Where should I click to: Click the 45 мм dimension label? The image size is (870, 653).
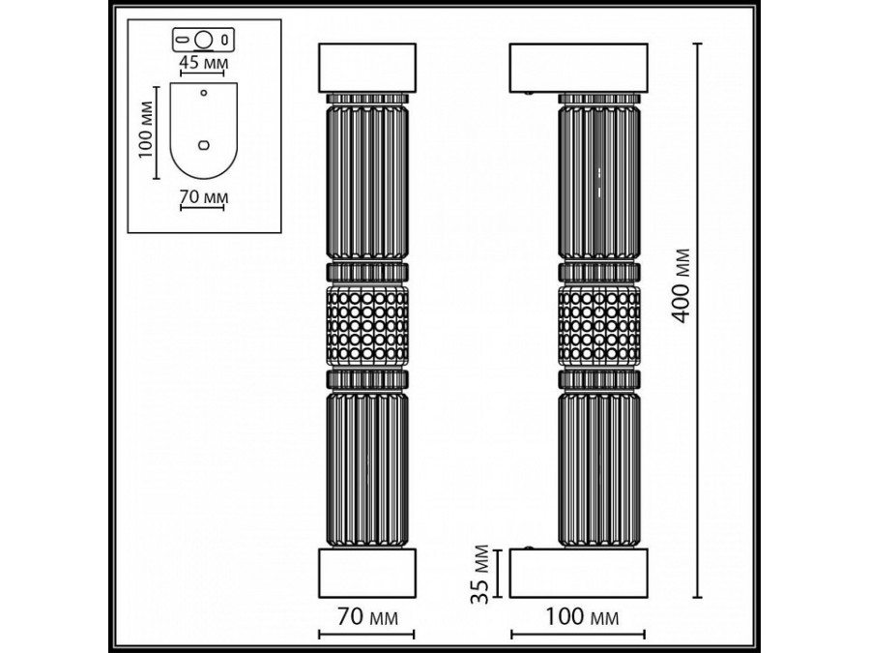[203, 62]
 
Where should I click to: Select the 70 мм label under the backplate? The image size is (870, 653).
[203, 197]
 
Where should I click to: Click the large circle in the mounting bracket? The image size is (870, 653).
[203, 41]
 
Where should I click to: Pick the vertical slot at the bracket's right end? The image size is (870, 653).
[225, 41]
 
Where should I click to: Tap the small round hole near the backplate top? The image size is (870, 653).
[203, 94]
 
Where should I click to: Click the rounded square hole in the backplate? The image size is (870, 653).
[203, 144]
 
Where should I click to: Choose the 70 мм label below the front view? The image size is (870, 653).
[366, 616]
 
